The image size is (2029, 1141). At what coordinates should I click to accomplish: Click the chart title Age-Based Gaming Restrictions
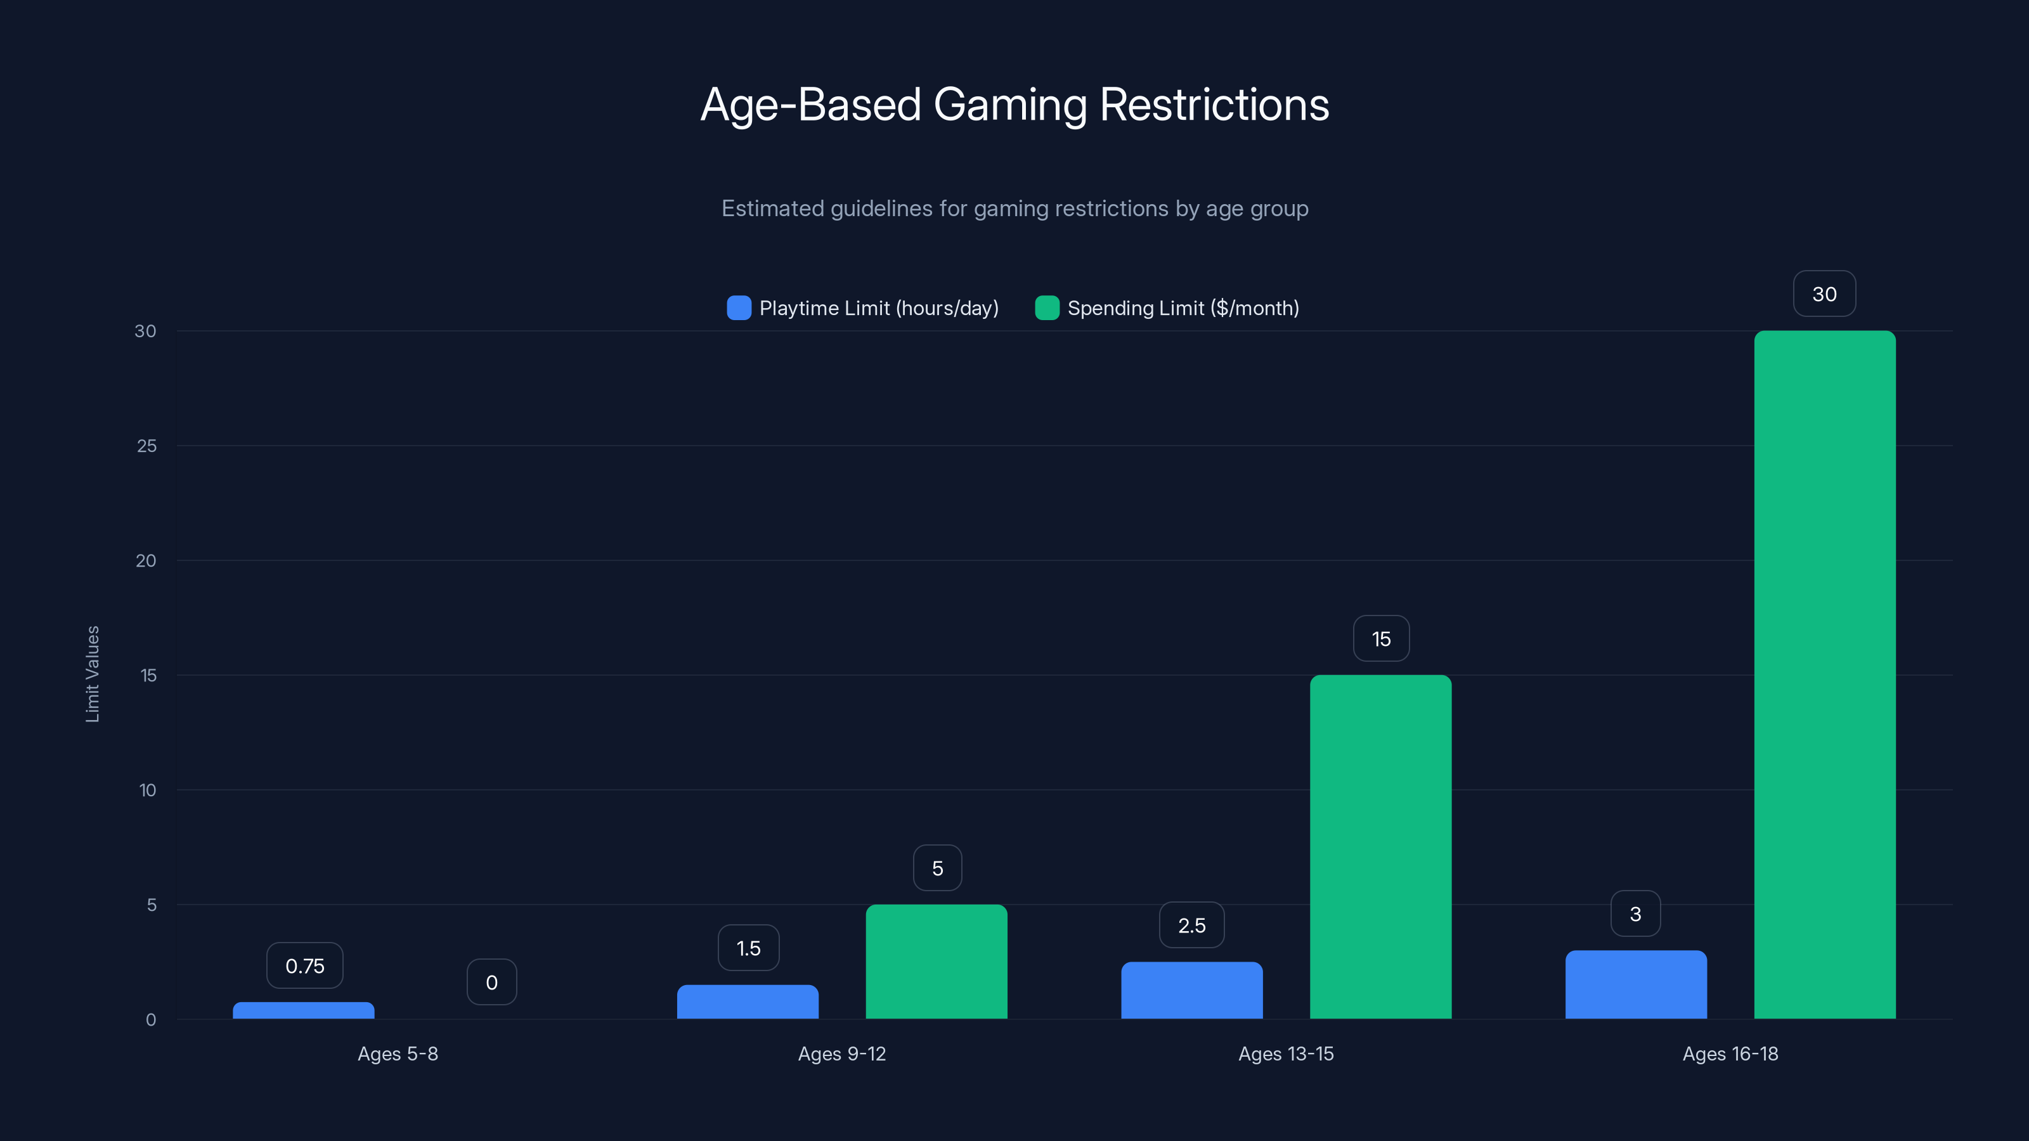pyautogui.click(x=1014, y=105)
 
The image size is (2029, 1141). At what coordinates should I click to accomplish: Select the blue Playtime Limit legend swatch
pyautogui.click(x=738, y=308)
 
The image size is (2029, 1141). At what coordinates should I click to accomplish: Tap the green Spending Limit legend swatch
pyautogui.click(x=1046, y=308)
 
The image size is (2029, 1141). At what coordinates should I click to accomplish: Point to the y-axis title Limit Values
pyautogui.click(x=92, y=674)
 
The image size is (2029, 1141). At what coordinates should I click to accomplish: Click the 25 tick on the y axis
pyautogui.click(x=146, y=446)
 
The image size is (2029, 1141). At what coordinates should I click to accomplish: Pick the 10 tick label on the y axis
pyautogui.click(x=147, y=790)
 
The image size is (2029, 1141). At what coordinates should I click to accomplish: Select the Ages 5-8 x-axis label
pyautogui.click(x=398, y=1054)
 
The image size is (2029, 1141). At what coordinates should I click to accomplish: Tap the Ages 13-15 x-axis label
pyautogui.click(x=1285, y=1054)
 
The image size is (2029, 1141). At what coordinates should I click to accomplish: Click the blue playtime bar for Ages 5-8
pyautogui.click(x=303, y=1010)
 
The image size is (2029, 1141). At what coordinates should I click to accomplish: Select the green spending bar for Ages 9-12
pyautogui.click(x=936, y=962)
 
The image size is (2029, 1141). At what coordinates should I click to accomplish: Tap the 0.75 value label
pyautogui.click(x=305, y=965)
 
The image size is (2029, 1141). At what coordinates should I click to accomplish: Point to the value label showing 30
pyautogui.click(x=1824, y=293)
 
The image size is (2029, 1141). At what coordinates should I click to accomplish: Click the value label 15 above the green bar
pyautogui.click(x=1381, y=638)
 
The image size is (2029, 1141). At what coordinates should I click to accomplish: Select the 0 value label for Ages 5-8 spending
pyautogui.click(x=491, y=982)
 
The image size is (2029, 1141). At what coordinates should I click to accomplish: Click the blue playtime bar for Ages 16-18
pyautogui.click(x=1635, y=984)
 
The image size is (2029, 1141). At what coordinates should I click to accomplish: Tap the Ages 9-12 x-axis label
pyautogui.click(x=841, y=1054)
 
